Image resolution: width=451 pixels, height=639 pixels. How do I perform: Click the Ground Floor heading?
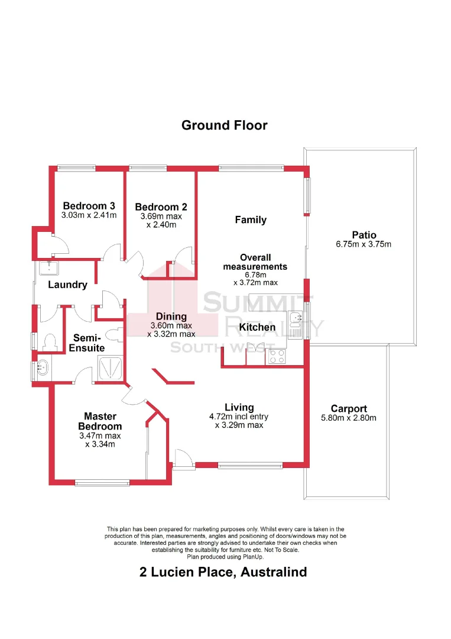click(224, 125)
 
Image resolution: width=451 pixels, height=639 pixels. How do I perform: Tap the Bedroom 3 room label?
click(89, 206)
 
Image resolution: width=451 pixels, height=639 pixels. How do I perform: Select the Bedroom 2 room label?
click(161, 207)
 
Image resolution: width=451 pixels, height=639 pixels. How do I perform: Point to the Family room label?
click(251, 220)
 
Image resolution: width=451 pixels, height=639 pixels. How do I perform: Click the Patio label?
click(364, 235)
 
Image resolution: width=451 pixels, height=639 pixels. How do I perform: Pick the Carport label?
click(349, 408)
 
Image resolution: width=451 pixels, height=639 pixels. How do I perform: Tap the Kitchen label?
click(257, 327)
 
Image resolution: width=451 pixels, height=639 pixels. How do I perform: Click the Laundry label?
click(67, 285)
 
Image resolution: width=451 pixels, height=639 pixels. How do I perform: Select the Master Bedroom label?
click(100, 421)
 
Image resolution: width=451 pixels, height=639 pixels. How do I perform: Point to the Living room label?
click(239, 407)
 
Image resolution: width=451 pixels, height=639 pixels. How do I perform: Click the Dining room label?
click(171, 317)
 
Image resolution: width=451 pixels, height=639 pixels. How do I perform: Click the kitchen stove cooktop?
click(277, 357)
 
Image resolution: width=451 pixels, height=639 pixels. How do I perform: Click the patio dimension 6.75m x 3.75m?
click(364, 244)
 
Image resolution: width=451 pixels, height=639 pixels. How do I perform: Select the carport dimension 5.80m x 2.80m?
click(349, 418)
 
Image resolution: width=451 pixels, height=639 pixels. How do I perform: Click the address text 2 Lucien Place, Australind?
click(224, 572)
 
